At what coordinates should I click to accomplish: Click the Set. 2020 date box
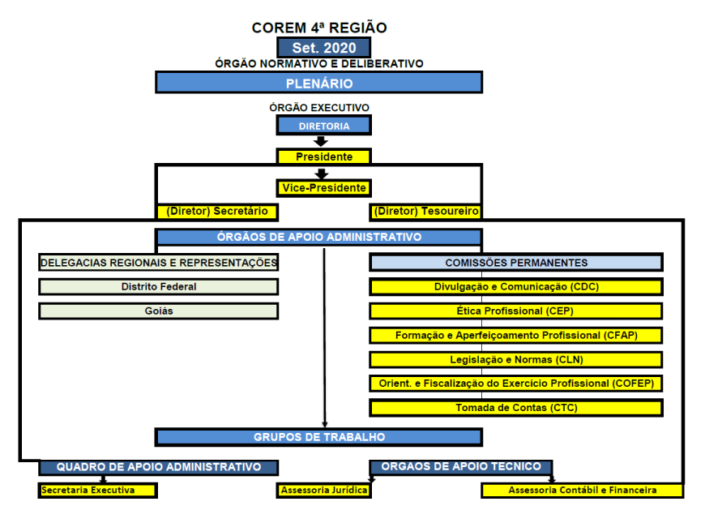coord(323,47)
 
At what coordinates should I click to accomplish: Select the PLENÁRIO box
coord(318,83)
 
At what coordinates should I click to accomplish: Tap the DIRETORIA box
coord(323,126)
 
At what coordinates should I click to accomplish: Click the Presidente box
coord(323,156)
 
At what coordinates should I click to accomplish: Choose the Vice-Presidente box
coord(323,187)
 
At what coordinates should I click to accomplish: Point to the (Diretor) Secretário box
coord(217,211)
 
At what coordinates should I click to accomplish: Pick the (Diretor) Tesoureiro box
coord(425,211)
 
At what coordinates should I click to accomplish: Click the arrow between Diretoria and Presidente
coord(321,141)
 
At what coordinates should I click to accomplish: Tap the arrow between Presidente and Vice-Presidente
coord(321,174)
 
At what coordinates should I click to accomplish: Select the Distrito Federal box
coord(159,287)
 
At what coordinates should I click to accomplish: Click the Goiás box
coord(159,311)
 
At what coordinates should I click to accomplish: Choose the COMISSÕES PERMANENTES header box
coord(516,263)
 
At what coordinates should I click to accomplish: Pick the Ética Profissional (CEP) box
coord(516,311)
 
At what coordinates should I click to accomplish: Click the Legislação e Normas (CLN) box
coord(516,360)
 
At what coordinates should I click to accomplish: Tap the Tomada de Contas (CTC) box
coord(516,408)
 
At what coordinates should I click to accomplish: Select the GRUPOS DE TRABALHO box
coord(318,437)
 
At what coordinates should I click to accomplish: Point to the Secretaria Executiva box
coord(97,490)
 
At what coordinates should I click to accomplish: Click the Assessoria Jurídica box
coord(323,490)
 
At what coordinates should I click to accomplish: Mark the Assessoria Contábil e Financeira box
coord(583,490)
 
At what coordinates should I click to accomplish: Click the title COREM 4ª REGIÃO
coord(319,28)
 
